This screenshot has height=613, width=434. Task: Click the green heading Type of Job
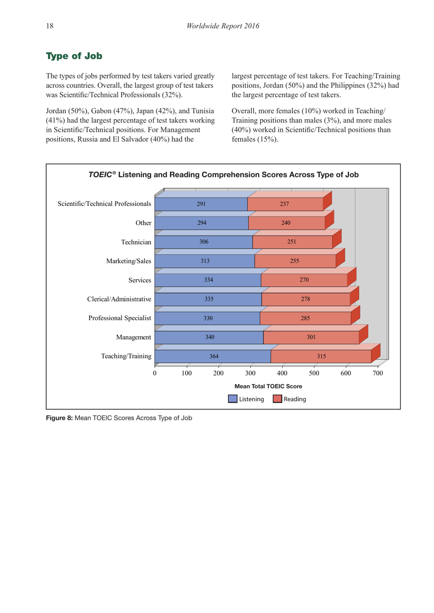pos(74,56)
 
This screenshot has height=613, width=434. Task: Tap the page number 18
pos(49,26)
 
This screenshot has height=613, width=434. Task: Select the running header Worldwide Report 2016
pos(222,26)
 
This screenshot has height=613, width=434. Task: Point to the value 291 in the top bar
pos(201,204)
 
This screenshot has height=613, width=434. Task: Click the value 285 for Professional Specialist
pos(305,318)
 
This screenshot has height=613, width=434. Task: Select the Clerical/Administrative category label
pos(119,299)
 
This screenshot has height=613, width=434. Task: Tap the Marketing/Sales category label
pos(128,261)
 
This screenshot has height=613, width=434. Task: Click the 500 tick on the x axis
pos(314,373)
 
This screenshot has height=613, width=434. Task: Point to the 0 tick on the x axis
pos(155,373)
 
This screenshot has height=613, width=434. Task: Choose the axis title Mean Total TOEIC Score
pos(268,386)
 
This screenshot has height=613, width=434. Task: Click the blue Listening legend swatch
pos(233,399)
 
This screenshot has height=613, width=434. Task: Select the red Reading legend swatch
pos(277,399)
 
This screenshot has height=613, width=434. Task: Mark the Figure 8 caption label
pos(59,418)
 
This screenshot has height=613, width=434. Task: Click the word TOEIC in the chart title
pos(100,175)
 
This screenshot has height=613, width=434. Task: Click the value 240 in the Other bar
pos(286,223)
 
